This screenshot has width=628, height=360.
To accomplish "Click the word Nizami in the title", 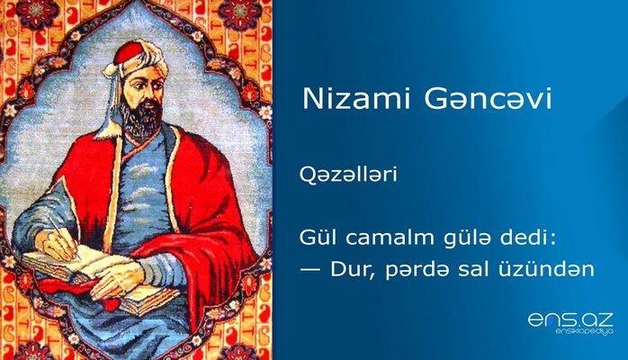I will click(x=345, y=98).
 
